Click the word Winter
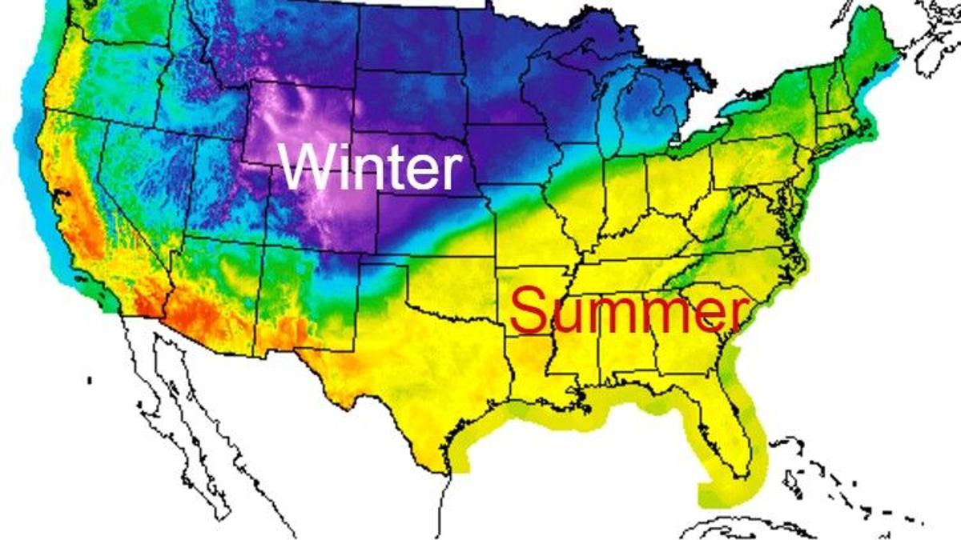371,168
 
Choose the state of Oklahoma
452,284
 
